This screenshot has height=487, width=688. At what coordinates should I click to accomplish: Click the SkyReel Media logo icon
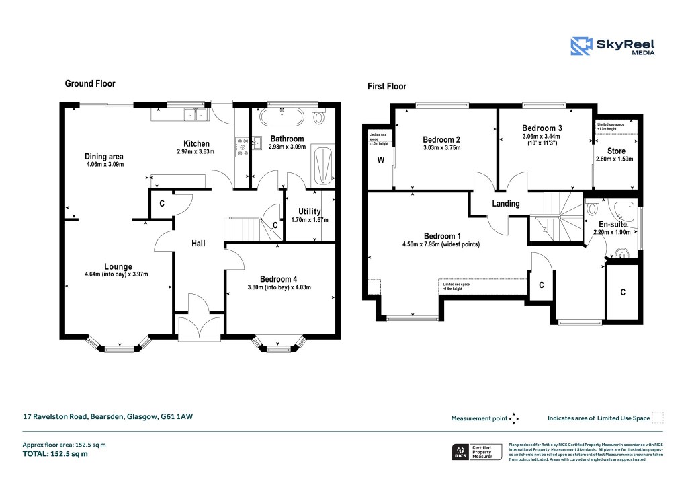[x=581, y=46]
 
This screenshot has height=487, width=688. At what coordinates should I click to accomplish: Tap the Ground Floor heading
[x=89, y=84]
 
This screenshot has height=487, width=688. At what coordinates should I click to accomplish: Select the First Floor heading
[x=386, y=87]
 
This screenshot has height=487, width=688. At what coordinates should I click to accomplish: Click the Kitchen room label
[x=197, y=143]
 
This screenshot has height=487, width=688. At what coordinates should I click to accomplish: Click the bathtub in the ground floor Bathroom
[x=282, y=117]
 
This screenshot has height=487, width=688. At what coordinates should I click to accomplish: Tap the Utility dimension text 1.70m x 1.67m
[x=308, y=220]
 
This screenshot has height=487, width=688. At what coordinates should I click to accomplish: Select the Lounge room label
[x=118, y=266]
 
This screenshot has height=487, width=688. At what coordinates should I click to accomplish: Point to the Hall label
[x=199, y=243]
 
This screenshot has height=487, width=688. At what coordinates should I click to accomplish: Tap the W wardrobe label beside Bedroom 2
[x=380, y=160]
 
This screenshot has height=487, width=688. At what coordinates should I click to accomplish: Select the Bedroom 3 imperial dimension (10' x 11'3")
[x=542, y=143]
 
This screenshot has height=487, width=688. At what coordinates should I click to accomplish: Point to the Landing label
[x=506, y=204]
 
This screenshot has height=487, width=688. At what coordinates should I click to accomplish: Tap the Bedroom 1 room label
[x=442, y=236]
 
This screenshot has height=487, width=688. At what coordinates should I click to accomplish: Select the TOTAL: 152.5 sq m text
[x=55, y=454]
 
